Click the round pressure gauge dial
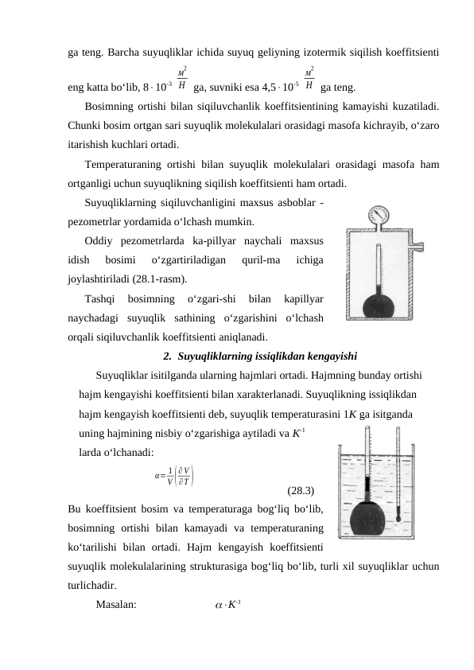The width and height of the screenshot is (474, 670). pos(372,216)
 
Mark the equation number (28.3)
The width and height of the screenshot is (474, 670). pos(301,490)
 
